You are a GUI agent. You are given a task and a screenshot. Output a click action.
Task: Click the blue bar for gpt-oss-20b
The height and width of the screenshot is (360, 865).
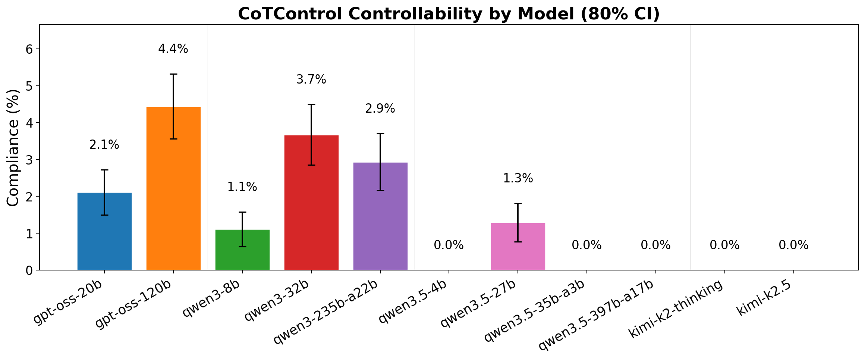tap(104, 239)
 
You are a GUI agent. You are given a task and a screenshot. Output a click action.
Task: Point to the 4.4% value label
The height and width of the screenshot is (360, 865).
tap(173, 49)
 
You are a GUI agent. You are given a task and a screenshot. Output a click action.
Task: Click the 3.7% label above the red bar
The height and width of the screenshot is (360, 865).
tap(311, 79)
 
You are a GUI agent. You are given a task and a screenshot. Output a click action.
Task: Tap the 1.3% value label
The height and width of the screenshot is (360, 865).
tap(518, 179)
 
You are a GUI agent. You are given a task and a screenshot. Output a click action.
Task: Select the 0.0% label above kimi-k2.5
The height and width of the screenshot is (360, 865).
tap(793, 245)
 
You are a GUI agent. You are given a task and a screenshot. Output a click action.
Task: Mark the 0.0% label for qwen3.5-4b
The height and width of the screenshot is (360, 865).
tap(449, 245)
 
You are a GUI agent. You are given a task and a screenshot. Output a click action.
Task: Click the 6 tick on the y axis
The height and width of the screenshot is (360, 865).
tap(29, 49)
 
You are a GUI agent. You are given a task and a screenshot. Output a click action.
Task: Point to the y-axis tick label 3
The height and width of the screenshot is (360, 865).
tap(29, 160)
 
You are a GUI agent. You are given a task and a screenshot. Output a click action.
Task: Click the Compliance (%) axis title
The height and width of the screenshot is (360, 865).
tap(13, 148)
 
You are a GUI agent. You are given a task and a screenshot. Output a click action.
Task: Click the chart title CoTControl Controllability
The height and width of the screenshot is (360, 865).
tap(449, 14)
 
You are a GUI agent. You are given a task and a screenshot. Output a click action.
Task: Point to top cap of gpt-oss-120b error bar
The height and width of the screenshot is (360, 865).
tap(173, 74)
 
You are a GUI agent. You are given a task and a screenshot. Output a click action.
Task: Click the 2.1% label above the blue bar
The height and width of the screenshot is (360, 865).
tap(104, 145)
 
